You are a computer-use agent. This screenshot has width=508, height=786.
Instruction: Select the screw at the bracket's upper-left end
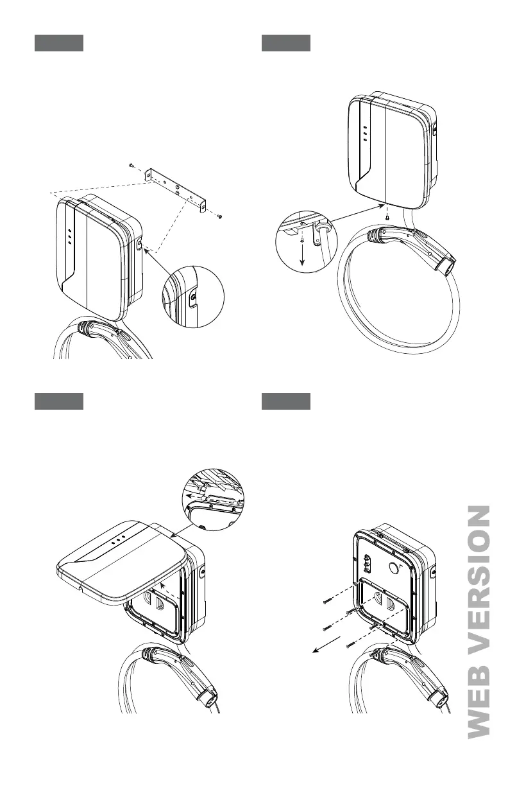tap(130, 165)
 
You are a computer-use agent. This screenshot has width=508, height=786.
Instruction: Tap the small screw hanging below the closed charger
tap(386, 217)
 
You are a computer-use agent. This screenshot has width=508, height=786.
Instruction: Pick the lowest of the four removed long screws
tap(350, 644)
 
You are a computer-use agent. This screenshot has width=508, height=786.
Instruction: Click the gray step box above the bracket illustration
tap(58, 44)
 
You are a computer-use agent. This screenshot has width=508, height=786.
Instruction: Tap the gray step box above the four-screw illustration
tap(286, 401)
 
